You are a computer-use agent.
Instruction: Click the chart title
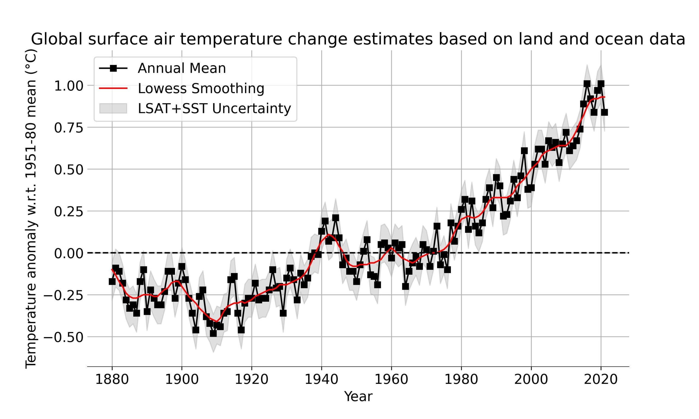358,39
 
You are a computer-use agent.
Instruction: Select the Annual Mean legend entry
182,68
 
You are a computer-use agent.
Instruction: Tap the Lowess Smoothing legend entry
201,88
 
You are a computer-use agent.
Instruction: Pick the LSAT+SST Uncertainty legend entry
214,108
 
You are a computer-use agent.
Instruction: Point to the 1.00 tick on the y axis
68,86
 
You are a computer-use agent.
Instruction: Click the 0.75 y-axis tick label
68,128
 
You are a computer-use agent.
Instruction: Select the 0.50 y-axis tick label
68,170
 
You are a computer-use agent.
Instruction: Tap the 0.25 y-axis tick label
68,211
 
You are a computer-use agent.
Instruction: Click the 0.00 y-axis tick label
68,253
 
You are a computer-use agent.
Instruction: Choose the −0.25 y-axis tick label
63,295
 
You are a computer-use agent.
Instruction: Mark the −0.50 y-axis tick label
63,337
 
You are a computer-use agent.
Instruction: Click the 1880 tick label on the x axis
112,379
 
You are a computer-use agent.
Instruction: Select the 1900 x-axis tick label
182,379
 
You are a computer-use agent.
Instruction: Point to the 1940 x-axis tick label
322,379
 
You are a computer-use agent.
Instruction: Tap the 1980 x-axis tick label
461,379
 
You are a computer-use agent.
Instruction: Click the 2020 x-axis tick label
601,379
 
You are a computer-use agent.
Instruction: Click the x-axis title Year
358,396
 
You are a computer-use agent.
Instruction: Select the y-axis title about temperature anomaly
31,209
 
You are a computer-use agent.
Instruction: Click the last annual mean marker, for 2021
604,112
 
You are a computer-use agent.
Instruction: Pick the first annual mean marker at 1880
112,282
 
